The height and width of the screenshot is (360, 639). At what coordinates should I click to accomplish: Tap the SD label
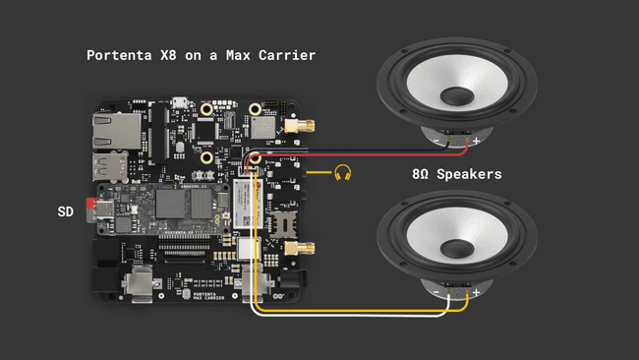click(x=66, y=211)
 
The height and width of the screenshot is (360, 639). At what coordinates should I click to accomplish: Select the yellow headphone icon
click(x=342, y=173)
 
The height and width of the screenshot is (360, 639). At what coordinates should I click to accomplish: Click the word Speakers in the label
click(x=470, y=174)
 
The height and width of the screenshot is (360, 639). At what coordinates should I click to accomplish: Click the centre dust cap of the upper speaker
click(x=457, y=94)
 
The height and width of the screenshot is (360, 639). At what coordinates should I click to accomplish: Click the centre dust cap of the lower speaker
click(x=457, y=240)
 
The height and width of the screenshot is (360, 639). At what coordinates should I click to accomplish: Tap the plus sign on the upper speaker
click(x=476, y=143)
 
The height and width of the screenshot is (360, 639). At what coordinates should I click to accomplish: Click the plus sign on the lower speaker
click(x=476, y=291)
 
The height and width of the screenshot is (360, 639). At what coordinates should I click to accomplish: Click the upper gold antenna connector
click(x=303, y=127)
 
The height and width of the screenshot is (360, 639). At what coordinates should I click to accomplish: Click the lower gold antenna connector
click(x=299, y=250)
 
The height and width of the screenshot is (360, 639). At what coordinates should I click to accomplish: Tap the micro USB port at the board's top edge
click(x=179, y=101)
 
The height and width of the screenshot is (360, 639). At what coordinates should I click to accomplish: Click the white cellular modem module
click(x=246, y=206)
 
